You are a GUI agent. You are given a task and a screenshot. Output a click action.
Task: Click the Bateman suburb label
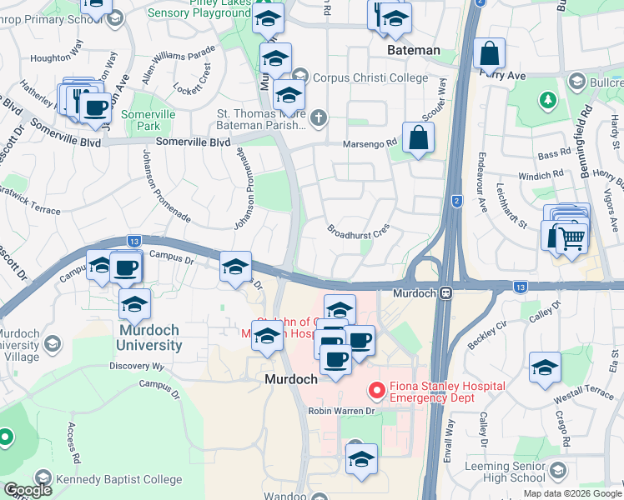pos(413,50)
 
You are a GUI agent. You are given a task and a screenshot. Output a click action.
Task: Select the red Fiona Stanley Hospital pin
pos(376,389)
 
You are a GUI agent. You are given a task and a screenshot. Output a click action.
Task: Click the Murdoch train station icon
pos(447,293)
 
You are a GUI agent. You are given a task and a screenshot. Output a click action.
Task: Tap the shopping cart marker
pos(571,239)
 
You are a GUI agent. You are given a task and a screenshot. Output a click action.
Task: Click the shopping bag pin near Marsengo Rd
pos(418,138)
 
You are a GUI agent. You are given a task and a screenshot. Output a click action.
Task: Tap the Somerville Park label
pos(140,120)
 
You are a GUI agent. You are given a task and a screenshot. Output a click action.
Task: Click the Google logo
pos(28,490)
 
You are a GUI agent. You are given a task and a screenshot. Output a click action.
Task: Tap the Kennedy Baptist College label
pos(118,479)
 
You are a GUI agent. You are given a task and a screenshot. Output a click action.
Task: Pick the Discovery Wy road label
pos(137,366)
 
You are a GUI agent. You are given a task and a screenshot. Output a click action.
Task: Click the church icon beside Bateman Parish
pos(318,120)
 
